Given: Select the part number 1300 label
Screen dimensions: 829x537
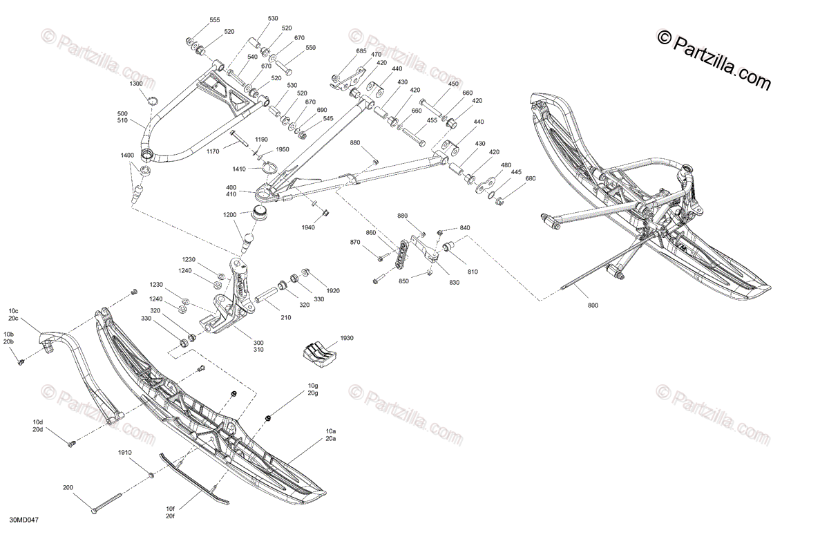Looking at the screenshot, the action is coord(136,84).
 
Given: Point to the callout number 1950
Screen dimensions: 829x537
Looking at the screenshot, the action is coord(283,149).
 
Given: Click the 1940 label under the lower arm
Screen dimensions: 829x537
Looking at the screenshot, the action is coord(308,227).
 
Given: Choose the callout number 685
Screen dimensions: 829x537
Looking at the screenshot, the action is coord(361,51).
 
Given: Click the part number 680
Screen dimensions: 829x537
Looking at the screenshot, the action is coord(531,180).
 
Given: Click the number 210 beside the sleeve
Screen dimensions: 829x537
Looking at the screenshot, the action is coord(285,317).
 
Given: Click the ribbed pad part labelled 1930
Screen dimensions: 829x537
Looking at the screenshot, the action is coord(318,351).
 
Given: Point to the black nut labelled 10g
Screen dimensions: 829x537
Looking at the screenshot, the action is coord(268,417).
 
